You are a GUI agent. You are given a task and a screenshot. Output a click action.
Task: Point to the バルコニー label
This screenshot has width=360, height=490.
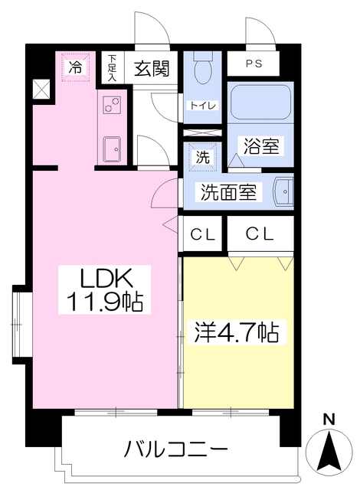(x=175, y=449)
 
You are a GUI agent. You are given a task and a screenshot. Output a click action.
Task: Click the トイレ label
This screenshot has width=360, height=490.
(x=198, y=105)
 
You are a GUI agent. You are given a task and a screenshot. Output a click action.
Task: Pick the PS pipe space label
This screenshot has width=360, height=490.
(x=253, y=64)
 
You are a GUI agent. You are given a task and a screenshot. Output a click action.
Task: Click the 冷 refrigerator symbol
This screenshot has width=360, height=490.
(x=76, y=67)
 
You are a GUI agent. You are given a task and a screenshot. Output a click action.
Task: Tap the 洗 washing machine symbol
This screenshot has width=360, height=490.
(x=203, y=156)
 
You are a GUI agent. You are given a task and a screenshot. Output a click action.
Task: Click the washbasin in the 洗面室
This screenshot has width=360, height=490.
(x=283, y=191)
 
